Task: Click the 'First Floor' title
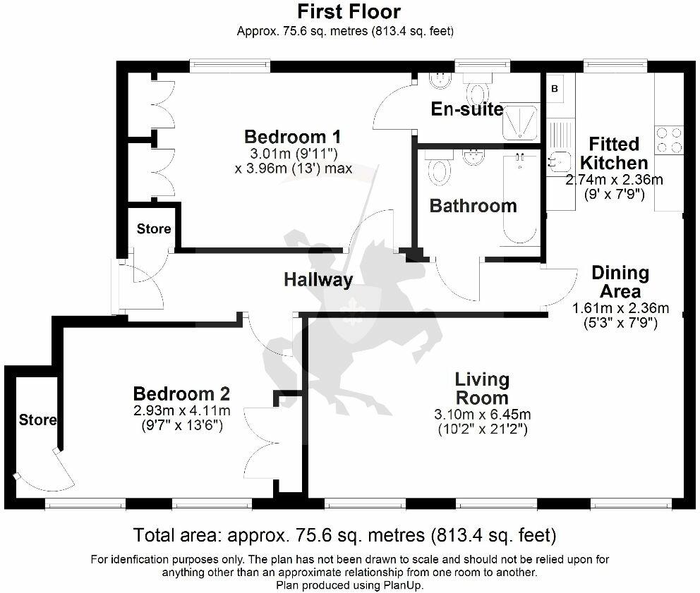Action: (x=349, y=12)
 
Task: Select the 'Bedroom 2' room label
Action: (x=181, y=393)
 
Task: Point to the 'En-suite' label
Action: (x=467, y=109)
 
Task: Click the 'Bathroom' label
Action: (x=473, y=206)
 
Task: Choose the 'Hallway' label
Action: (x=318, y=280)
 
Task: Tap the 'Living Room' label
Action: (x=482, y=389)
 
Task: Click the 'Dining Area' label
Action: (x=620, y=282)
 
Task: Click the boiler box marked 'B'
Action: (x=554, y=89)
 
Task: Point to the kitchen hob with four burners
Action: (x=668, y=140)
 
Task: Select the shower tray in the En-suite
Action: (x=521, y=121)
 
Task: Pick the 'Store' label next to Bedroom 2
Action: (x=37, y=420)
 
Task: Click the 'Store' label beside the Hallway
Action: (x=153, y=228)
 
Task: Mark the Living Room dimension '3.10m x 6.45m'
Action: (x=483, y=414)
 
